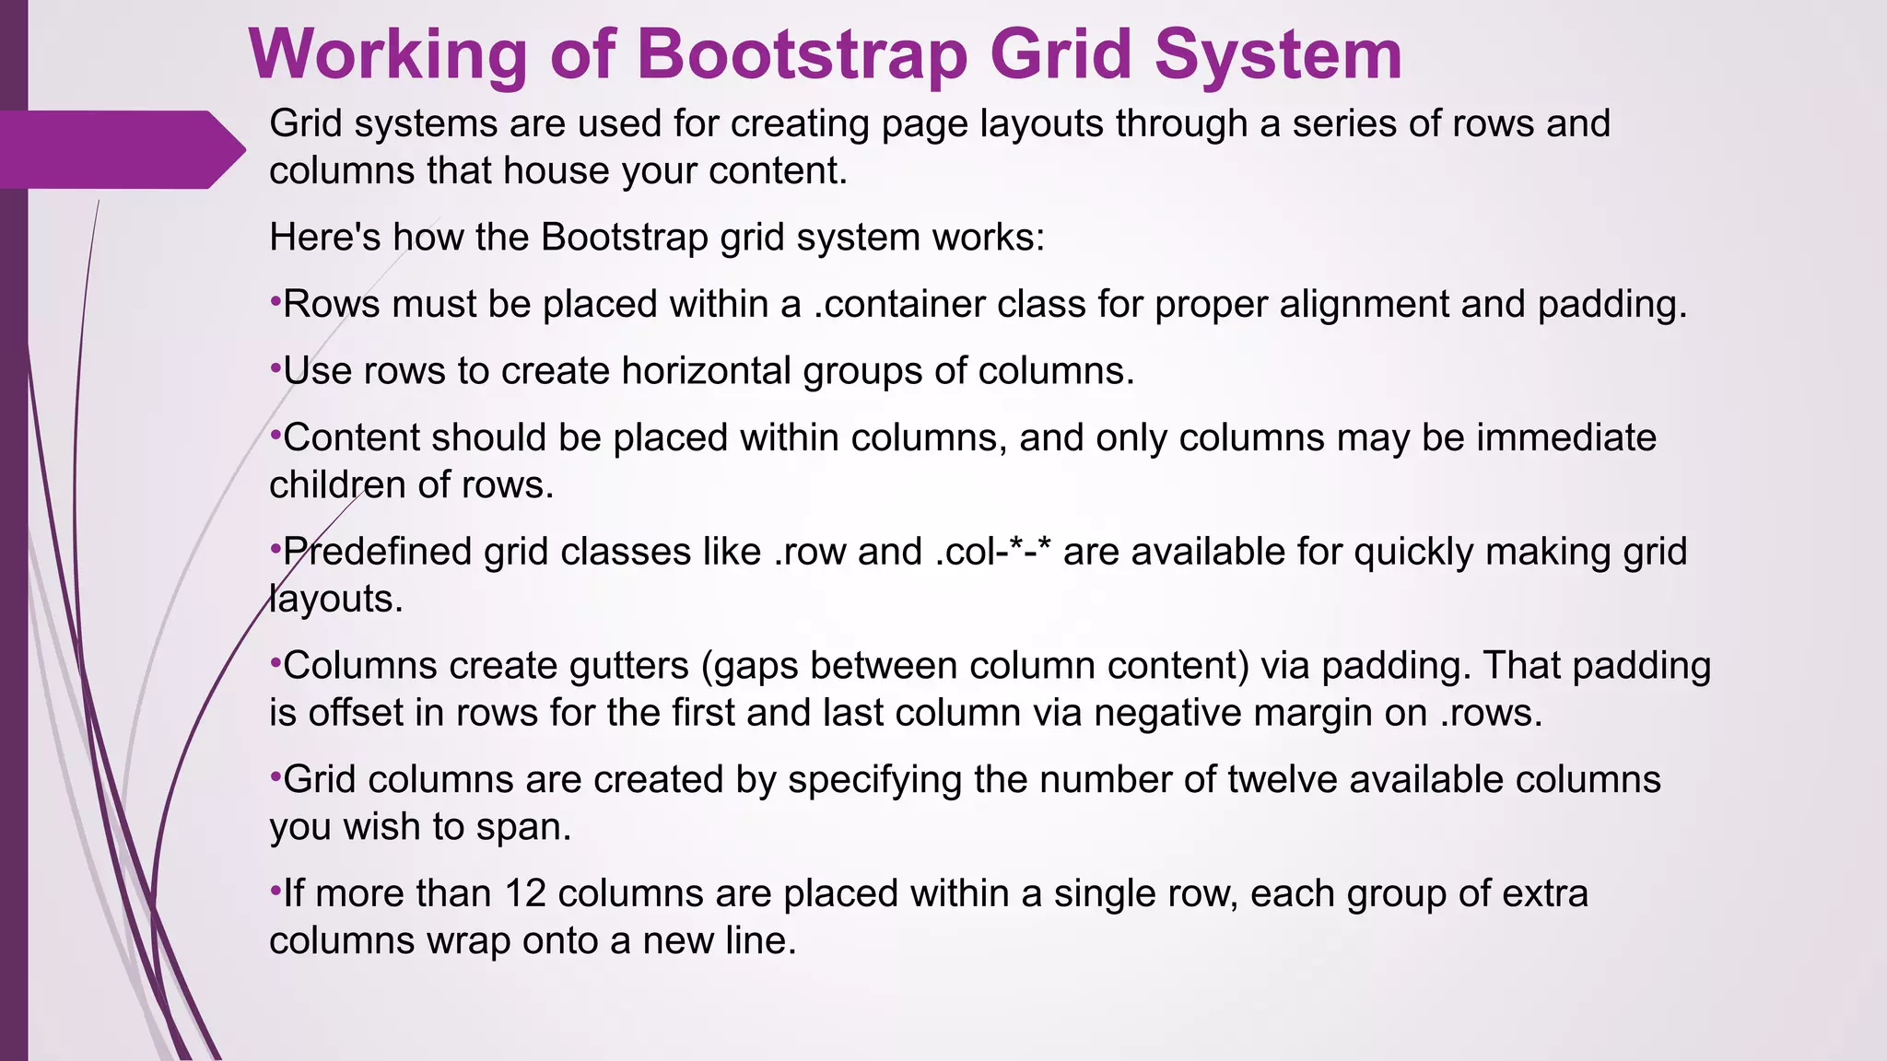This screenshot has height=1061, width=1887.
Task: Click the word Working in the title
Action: [x=388, y=55]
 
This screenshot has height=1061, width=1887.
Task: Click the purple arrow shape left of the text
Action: [x=120, y=149]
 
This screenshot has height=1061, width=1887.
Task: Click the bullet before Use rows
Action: [x=275, y=368]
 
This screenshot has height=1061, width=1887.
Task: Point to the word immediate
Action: [x=1566, y=437]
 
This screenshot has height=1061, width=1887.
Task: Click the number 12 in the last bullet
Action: [x=525, y=893]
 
